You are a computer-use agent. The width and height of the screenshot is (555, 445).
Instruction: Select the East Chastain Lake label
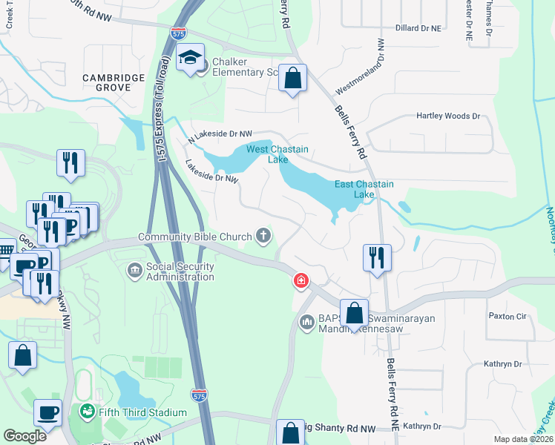click(x=364, y=189)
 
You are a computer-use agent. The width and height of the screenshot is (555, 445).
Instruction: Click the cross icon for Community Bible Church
click(x=263, y=237)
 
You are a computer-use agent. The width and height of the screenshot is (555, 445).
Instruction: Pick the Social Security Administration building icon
click(x=134, y=271)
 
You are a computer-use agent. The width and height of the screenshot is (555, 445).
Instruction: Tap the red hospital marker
click(x=301, y=280)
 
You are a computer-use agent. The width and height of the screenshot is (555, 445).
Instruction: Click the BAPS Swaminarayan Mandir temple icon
click(x=307, y=323)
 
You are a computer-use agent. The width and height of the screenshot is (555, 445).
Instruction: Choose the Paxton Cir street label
click(x=507, y=316)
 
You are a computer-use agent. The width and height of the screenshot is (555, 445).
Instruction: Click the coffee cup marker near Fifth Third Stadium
click(x=48, y=412)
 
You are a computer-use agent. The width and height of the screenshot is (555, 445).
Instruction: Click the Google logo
click(x=24, y=436)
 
